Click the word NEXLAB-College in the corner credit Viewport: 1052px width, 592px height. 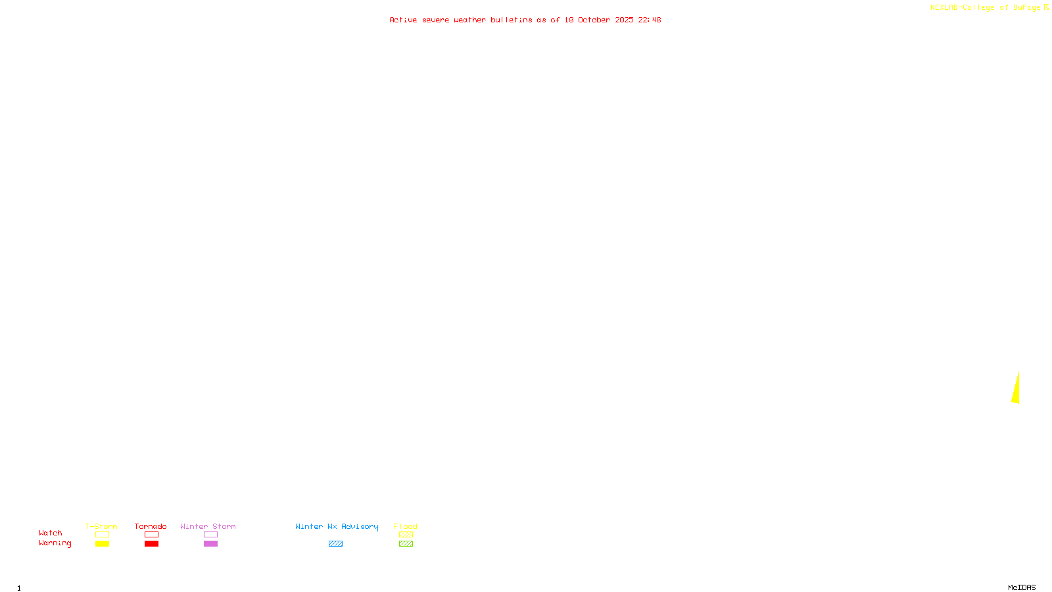962,8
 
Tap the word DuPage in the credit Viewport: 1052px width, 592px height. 1026,8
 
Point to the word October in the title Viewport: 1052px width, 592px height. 594,20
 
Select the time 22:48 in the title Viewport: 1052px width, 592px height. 650,20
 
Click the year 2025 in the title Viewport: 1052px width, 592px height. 624,20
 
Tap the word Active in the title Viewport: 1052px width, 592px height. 403,20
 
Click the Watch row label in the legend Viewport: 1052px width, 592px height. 51,533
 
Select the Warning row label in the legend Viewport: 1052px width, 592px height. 55,543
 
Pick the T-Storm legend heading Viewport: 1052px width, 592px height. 101,526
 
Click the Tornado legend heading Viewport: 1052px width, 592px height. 151,526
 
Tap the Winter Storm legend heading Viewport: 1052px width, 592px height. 208,526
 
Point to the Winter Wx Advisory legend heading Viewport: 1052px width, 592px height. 337,526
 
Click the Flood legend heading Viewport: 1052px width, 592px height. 406,526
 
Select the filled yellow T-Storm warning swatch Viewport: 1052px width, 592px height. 102,544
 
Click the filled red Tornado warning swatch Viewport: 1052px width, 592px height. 151,544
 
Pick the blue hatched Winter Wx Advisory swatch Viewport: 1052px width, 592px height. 335,544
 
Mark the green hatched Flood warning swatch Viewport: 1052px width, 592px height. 406,544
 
